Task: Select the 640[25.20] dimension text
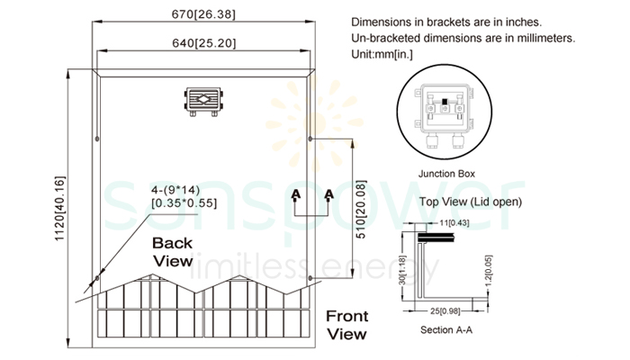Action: pyautogui.click(x=202, y=42)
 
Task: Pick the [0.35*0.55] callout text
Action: pyautogui.click(x=184, y=203)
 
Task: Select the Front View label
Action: pyautogui.click(x=346, y=325)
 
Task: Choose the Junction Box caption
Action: pyautogui.click(x=447, y=173)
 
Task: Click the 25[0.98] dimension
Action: pyautogui.click(x=445, y=311)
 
